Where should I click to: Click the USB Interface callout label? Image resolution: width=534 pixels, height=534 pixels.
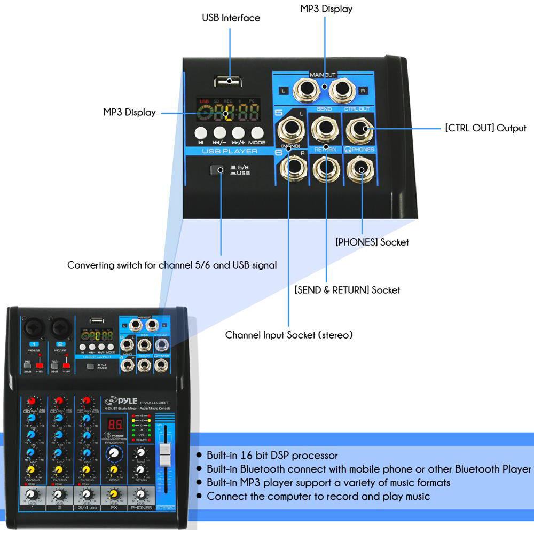pos(231,18)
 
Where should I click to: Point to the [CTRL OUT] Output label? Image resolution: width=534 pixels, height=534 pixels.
pos(485,128)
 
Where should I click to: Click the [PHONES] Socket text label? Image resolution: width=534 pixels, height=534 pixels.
pos(372,242)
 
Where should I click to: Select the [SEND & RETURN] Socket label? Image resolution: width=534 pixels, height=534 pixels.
pos(347,290)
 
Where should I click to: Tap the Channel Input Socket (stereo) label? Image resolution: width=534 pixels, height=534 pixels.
pos(289,335)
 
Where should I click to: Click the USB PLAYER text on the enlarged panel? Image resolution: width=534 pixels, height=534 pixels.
pos(230,152)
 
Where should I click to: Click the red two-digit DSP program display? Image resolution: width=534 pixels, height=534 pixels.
pos(114,425)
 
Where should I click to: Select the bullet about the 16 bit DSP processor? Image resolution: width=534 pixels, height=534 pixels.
pos(272,456)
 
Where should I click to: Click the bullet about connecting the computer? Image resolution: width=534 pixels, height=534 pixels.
pos(318,497)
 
